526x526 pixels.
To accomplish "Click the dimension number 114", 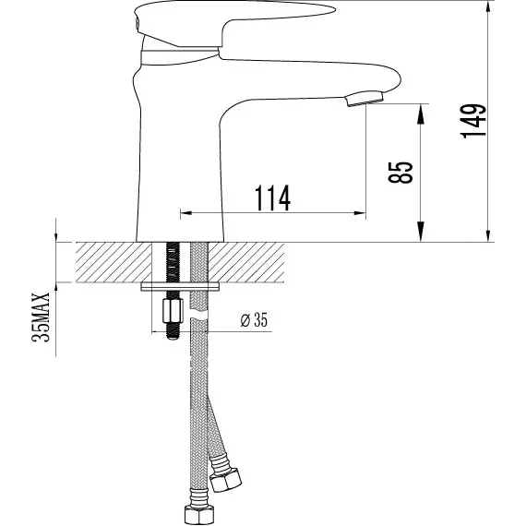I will (x=271, y=197).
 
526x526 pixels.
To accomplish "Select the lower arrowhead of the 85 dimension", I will (x=422, y=235).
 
